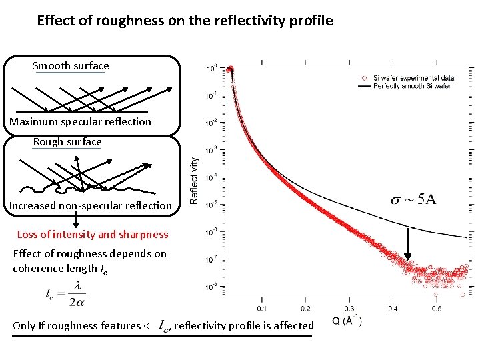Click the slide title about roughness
(x=185, y=21)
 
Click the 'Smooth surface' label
(x=71, y=66)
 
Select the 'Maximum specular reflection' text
(x=80, y=122)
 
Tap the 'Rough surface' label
(x=67, y=142)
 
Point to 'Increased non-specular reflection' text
(x=90, y=206)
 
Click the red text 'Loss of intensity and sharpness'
(x=92, y=234)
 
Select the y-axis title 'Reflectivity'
(x=193, y=180)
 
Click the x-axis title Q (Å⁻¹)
(x=347, y=321)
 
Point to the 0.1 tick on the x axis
(x=261, y=308)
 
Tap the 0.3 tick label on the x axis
(x=349, y=308)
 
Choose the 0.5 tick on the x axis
(x=436, y=308)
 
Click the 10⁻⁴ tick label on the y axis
(x=211, y=178)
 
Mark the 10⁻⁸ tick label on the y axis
(x=211, y=287)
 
